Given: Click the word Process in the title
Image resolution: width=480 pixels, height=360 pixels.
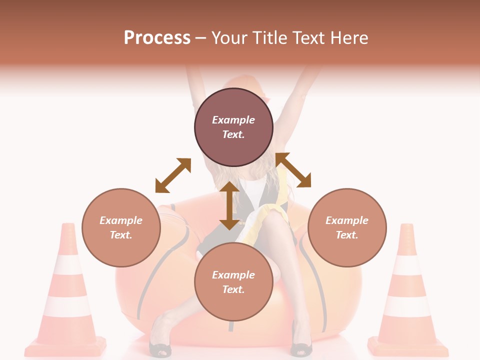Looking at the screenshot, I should pyautogui.click(x=157, y=38).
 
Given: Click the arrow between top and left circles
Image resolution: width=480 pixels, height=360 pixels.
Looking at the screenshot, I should pyautogui.click(x=173, y=175).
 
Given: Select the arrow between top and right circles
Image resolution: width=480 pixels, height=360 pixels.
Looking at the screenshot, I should pyautogui.click(x=293, y=170).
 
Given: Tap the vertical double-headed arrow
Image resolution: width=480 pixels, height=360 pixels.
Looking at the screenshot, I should pyautogui.click(x=229, y=205).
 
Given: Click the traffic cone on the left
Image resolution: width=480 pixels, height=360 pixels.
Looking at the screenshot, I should pyautogui.click(x=66, y=295).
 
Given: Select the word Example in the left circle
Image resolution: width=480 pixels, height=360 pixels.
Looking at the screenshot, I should pyautogui.click(x=121, y=220).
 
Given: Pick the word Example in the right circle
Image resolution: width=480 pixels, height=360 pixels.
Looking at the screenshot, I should pyautogui.click(x=347, y=220).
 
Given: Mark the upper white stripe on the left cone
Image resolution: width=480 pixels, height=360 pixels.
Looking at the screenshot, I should pyautogui.click(x=67, y=265).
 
